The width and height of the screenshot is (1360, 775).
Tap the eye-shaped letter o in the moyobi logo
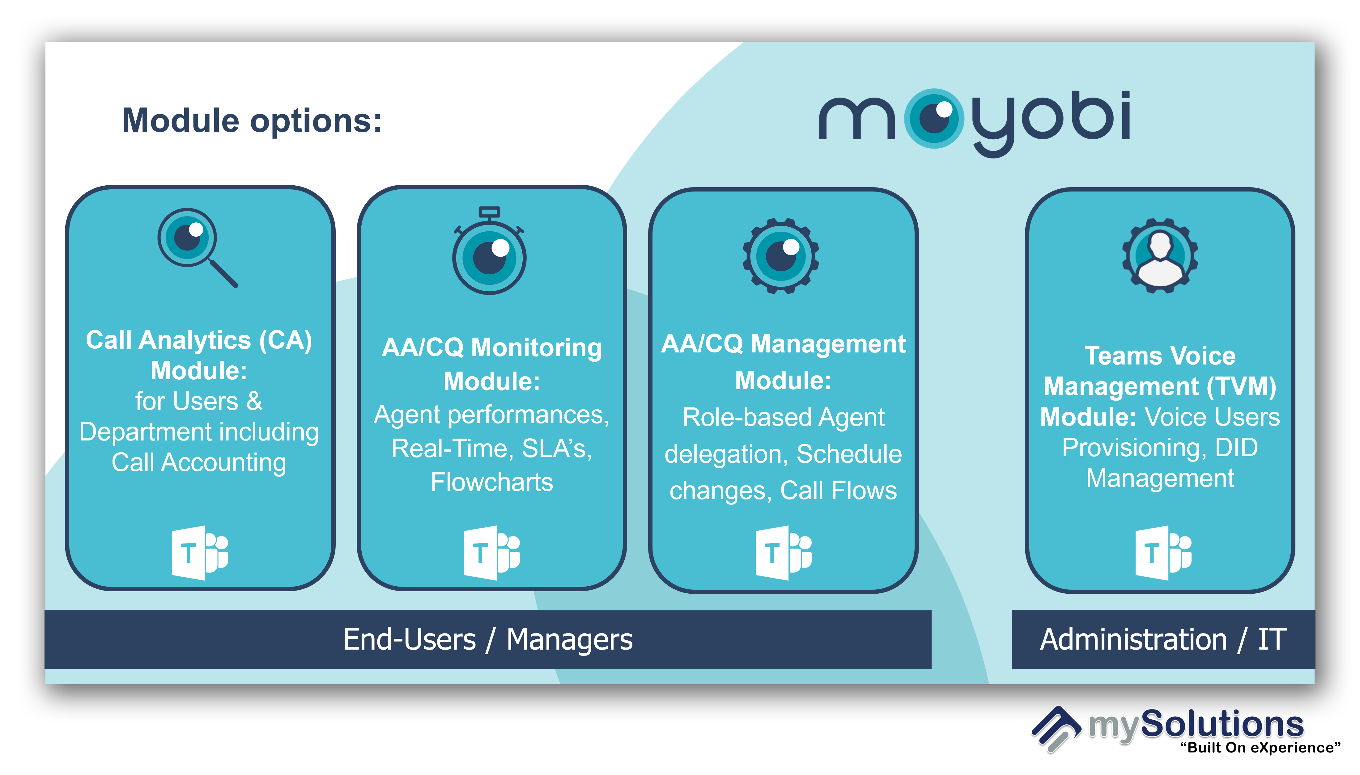coord(934,118)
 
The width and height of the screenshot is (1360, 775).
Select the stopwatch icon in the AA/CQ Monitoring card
coord(489,250)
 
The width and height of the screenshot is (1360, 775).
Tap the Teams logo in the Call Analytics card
coord(200,553)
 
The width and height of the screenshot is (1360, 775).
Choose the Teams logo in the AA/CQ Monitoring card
coord(491,553)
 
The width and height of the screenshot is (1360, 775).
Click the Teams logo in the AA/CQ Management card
coord(783,553)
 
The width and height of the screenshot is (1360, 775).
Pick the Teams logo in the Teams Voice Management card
coord(1163,553)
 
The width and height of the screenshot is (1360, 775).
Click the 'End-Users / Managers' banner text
coord(488,639)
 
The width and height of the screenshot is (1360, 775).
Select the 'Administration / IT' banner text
coord(1163,639)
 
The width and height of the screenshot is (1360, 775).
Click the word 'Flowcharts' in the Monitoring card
coord(491,482)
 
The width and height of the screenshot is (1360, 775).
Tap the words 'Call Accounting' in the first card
coord(199,462)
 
